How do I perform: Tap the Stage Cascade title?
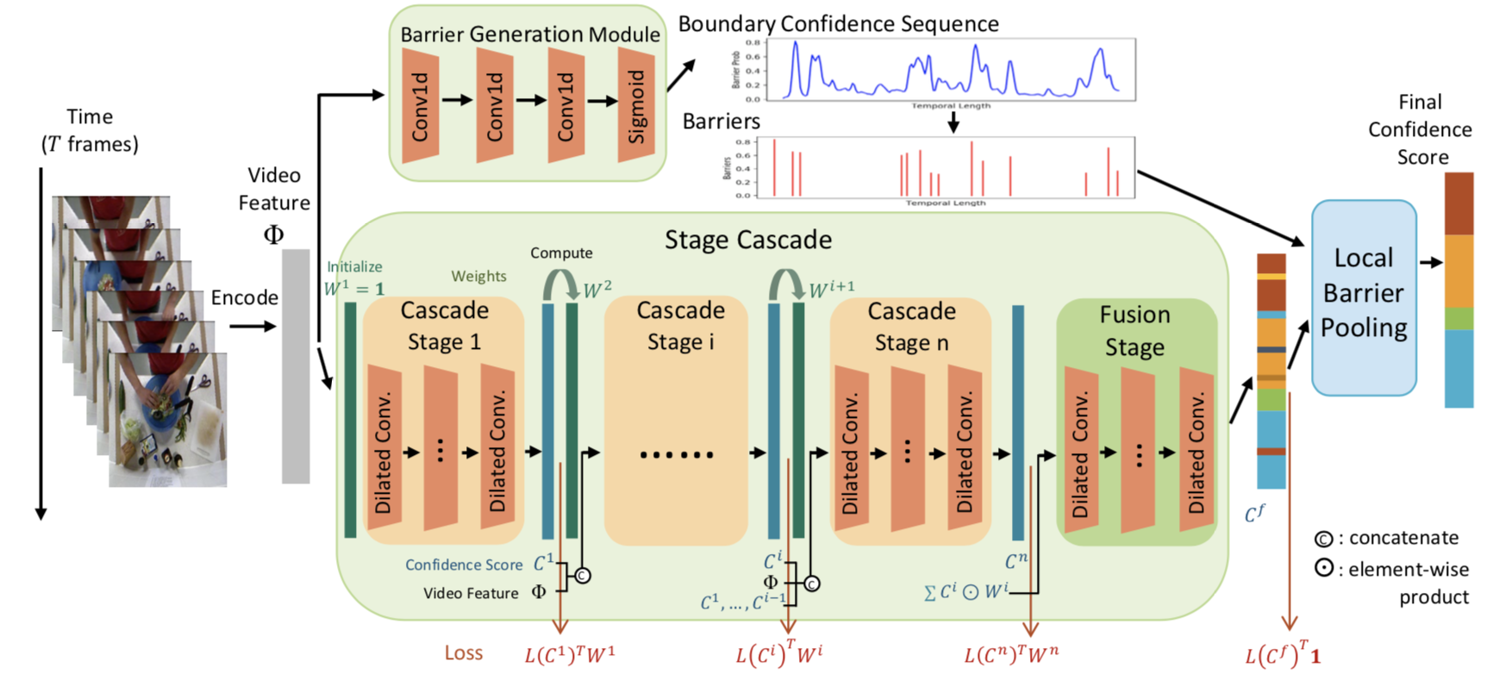pyautogui.click(x=747, y=240)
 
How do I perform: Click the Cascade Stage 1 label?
pyautogui.click(x=444, y=326)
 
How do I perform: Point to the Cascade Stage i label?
pyautogui.click(x=680, y=326)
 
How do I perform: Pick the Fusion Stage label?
pyautogui.click(x=1134, y=330)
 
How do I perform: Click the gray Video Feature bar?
pyautogui.click(x=296, y=365)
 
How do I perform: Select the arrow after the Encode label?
pyautogui.click(x=253, y=327)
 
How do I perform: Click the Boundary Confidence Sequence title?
pyautogui.click(x=838, y=24)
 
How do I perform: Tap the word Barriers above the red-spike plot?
pyautogui.click(x=721, y=122)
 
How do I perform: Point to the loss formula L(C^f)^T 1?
pyautogui.click(x=1282, y=655)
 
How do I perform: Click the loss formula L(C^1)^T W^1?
pyautogui.click(x=570, y=654)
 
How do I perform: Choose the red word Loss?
pyautogui.click(x=463, y=653)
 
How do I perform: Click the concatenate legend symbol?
pyautogui.click(x=1322, y=539)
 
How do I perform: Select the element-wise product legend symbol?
pyautogui.click(x=1323, y=569)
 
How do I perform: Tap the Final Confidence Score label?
pyautogui.click(x=1420, y=129)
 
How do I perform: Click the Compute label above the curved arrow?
pyautogui.click(x=561, y=253)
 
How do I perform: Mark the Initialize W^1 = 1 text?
pyautogui.click(x=354, y=278)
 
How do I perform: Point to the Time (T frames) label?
pyautogui.click(x=90, y=130)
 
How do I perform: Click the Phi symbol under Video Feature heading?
pyautogui.click(x=273, y=234)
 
